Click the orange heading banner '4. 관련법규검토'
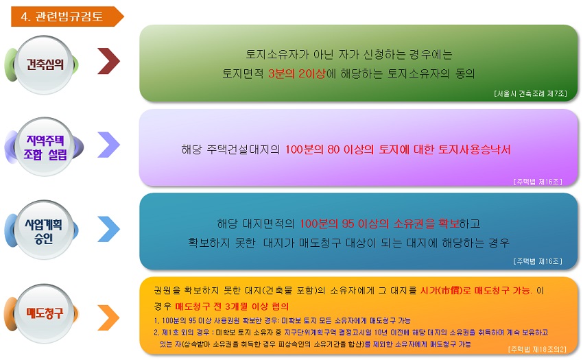[x=67, y=16]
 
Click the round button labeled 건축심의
[x=44, y=64]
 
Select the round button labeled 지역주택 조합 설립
[x=45, y=147]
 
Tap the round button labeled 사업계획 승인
[x=44, y=230]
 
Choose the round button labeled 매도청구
[x=44, y=313]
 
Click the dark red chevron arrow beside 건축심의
[x=108, y=61]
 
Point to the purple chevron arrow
[x=108, y=145]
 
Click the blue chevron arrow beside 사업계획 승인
[x=108, y=229]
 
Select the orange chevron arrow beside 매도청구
[x=108, y=317]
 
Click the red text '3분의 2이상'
[x=297, y=73]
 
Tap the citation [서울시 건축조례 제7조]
[x=531, y=94]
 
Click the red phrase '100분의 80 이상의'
[x=329, y=149]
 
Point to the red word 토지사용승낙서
[x=475, y=149]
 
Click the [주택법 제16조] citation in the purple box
[x=538, y=182]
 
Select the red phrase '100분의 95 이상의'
[x=344, y=224]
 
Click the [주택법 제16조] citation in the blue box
[x=538, y=261]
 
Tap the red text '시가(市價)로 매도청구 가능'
[x=476, y=291]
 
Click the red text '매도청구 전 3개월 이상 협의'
[x=232, y=307]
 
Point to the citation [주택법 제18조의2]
[x=537, y=349]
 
